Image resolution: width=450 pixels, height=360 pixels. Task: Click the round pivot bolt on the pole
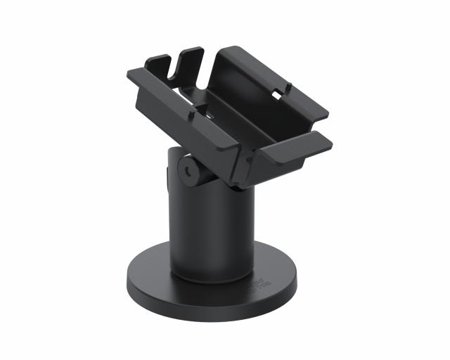[x=186, y=169]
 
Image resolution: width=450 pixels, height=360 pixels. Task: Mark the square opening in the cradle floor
[x=201, y=109]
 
